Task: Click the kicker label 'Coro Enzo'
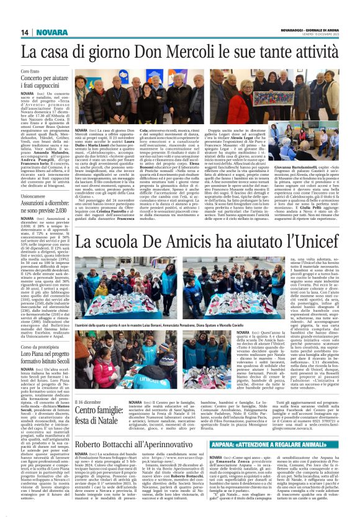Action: [32, 72]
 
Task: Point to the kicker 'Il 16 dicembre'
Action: [88, 402]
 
